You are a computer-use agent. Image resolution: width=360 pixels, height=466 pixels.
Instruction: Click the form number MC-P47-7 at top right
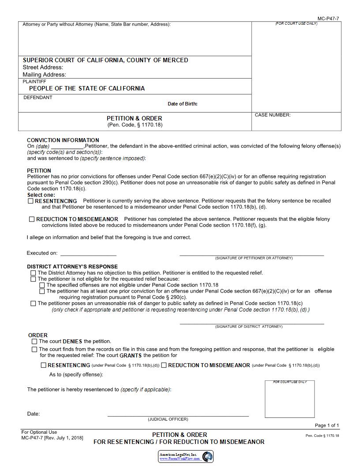[x=328, y=19]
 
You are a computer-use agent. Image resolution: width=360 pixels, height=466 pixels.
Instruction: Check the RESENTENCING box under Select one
[x=31, y=201]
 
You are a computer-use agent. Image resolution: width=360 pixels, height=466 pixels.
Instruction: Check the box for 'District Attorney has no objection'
[x=33, y=273]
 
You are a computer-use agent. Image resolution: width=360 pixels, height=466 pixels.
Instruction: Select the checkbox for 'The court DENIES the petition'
[x=34, y=341]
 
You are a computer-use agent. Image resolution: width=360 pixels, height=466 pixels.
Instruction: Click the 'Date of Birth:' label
[x=182, y=104]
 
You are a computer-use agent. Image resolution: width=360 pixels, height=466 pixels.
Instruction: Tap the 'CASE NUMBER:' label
[x=273, y=115]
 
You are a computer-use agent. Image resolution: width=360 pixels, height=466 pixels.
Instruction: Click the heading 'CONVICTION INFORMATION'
[x=63, y=140]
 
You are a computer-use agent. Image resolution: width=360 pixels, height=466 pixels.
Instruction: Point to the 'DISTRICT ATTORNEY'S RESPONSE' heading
[x=72, y=267]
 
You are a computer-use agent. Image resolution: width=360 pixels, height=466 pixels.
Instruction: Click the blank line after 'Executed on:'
[x=88, y=255]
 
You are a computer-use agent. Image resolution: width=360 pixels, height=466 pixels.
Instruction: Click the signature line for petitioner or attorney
[x=251, y=255]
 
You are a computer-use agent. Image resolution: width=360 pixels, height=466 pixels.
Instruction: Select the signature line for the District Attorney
[x=251, y=323]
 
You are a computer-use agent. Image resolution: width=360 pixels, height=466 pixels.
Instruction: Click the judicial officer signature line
[x=178, y=415]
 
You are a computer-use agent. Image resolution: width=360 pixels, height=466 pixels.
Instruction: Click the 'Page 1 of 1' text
[x=327, y=425]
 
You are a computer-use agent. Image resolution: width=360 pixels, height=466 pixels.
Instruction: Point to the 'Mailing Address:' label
[x=44, y=75]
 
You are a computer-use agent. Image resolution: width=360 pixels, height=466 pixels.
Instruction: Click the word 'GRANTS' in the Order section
[x=131, y=355]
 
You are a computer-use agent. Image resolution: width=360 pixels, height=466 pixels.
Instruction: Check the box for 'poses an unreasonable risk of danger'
[x=33, y=303]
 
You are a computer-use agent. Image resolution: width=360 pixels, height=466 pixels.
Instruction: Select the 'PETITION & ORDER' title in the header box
[x=134, y=118]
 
